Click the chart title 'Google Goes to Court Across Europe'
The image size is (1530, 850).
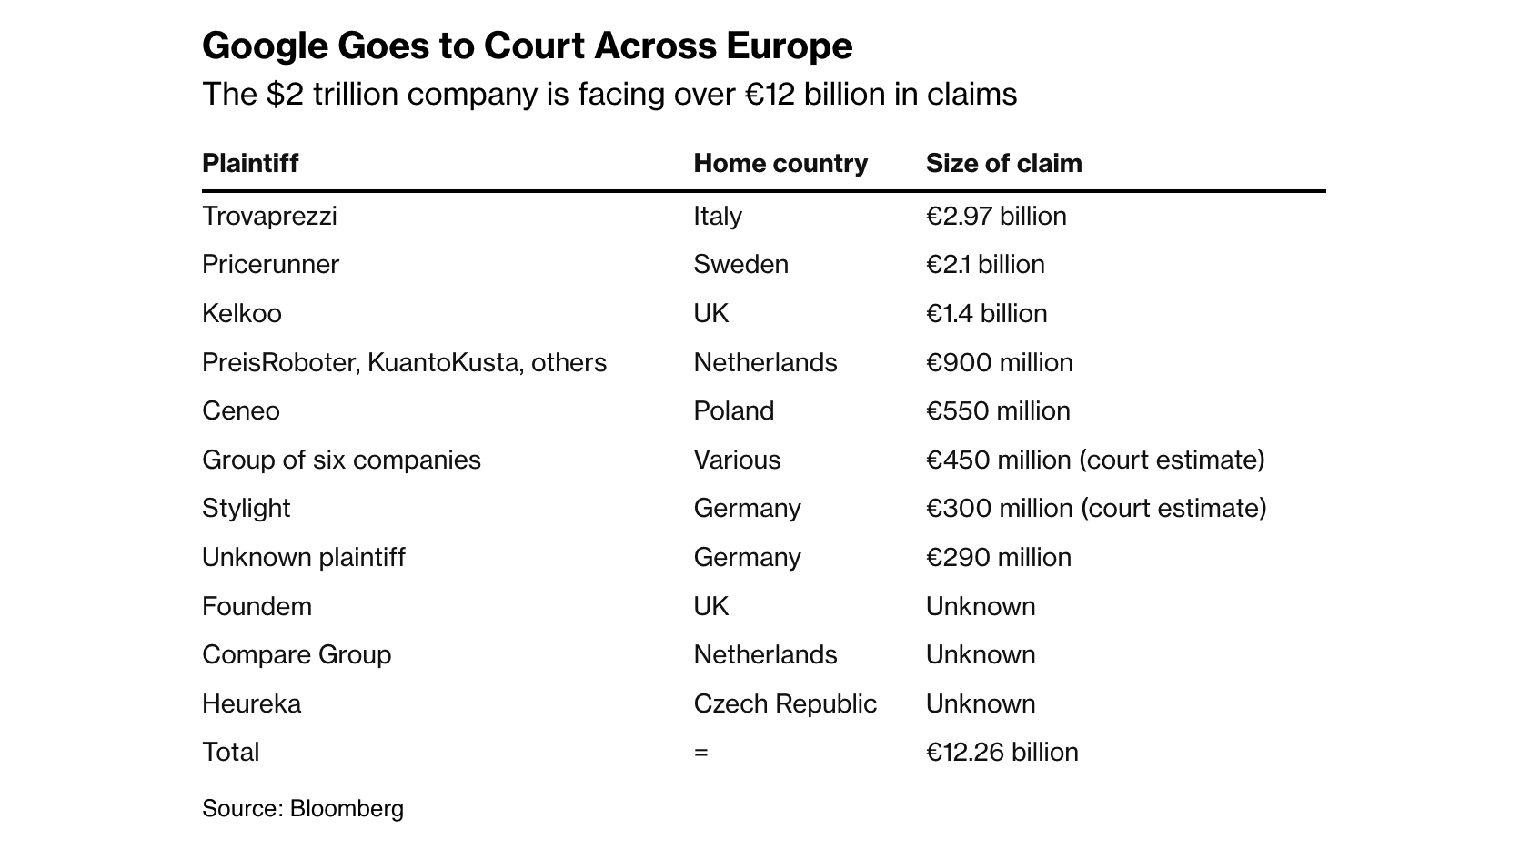tap(527, 46)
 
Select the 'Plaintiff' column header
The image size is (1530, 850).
tap(250, 164)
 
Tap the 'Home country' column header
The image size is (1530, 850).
tap(780, 164)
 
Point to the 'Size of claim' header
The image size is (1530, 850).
tap(1003, 164)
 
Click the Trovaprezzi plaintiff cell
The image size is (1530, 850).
tap(269, 217)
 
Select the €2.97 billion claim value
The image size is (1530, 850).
tap(995, 217)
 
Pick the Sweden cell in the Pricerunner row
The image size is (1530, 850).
tap(740, 265)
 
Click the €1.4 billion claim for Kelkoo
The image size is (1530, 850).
tap(986, 314)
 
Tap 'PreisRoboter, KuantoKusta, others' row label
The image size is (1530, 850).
tap(404, 362)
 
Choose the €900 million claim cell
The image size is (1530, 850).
tap(999, 362)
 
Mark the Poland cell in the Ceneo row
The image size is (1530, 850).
tap(733, 411)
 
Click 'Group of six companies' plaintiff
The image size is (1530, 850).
tap(341, 460)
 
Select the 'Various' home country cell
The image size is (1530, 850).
tap(737, 460)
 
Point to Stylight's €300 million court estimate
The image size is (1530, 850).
tap(1095, 509)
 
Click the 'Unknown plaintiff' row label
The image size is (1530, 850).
tap(304, 557)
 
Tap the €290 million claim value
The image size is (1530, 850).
tap(998, 557)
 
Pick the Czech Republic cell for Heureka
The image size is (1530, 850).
tap(784, 703)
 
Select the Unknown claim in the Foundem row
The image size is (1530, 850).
tap(980, 606)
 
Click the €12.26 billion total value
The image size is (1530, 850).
tap(1002, 753)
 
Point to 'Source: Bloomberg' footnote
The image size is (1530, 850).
tap(302, 809)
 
